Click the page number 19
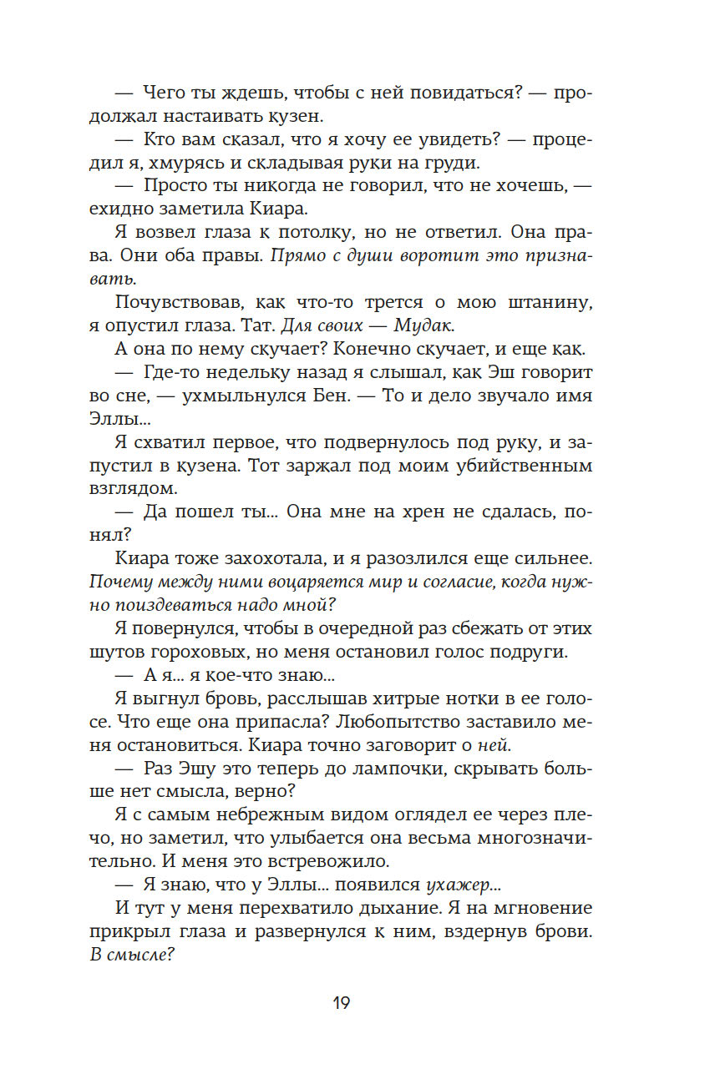tap(341, 1003)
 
